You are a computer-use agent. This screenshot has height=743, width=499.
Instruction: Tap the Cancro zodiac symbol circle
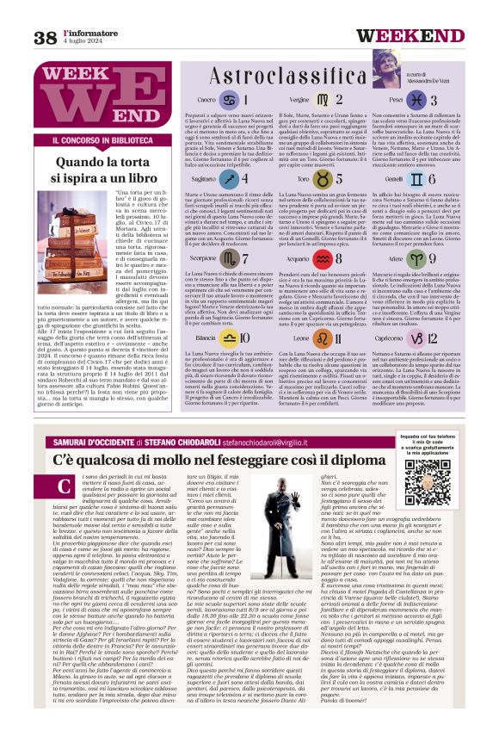(227, 100)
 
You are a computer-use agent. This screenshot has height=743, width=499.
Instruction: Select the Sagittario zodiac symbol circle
(227, 179)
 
